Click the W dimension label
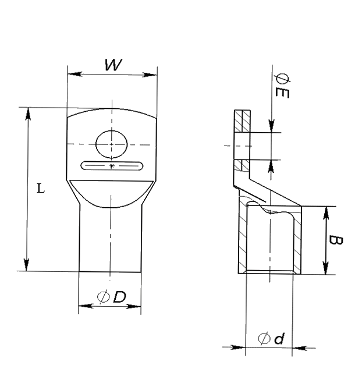point(113,65)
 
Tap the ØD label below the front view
point(111,296)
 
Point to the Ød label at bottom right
point(271,338)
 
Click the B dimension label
point(336,240)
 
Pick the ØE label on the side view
point(282,86)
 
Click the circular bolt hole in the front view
point(111,144)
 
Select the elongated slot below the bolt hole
point(112,166)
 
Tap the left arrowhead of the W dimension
point(75,74)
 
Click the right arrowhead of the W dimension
point(150,75)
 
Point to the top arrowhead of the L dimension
point(28,114)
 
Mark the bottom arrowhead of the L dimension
point(27,264)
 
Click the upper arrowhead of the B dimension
point(326,213)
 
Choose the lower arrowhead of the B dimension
point(326,268)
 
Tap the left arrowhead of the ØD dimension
point(86,306)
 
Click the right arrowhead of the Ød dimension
point(299,348)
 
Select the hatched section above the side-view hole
point(242,122)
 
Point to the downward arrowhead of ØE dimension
point(271,126)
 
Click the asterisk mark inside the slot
point(112,166)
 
